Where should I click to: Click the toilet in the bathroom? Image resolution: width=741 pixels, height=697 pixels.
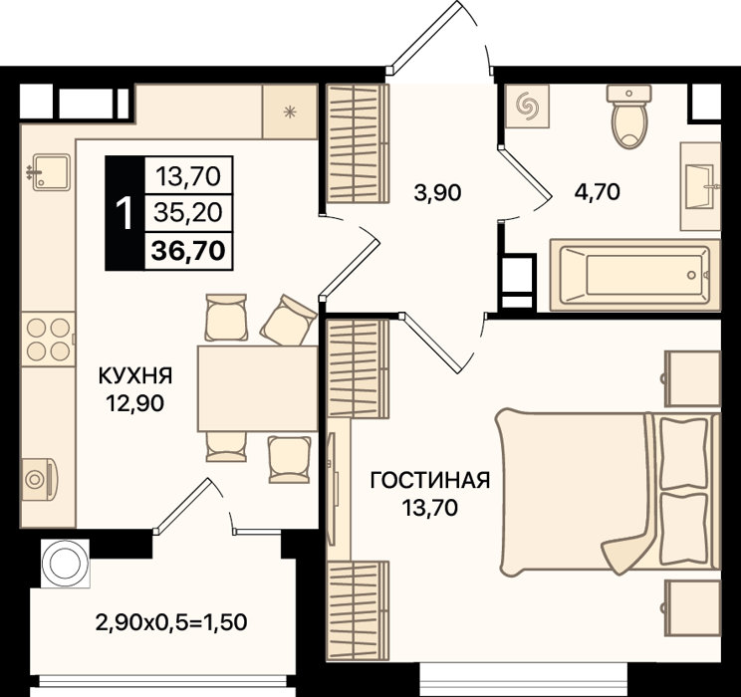pyautogui.click(x=628, y=116)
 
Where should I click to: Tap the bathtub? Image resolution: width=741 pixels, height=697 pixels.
pyautogui.click(x=634, y=275)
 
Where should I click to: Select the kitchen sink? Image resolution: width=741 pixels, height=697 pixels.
pyautogui.click(x=51, y=172)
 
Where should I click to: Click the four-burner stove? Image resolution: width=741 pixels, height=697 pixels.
pyautogui.click(x=48, y=339)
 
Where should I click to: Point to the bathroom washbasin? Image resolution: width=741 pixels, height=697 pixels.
pyautogui.click(x=700, y=186)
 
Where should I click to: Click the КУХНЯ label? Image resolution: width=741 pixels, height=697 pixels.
pyautogui.click(x=135, y=376)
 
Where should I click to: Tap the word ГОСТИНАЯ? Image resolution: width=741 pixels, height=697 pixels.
pyautogui.click(x=429, y=481)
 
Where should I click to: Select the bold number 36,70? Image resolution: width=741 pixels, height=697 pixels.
pyautogui.click(x=188, y=251)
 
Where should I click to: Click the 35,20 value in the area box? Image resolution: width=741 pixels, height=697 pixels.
pyautogui.click(x=188, y=213)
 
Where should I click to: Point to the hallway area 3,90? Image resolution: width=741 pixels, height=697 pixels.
pyautogui.click(x=437, y=193)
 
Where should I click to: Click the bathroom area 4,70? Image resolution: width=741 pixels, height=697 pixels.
pyautogui.click(x=597, y=192)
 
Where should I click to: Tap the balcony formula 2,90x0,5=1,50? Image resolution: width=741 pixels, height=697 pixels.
pyautogui.click(x=171, y=622)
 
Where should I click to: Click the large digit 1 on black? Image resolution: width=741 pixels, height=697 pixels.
pyautogui.click(x=124, y=213)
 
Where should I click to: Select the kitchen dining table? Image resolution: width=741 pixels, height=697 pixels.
pyautogui.click(x=258, y=388)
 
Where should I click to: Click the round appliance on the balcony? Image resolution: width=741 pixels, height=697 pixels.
pyautogui.click(x=65, y=564)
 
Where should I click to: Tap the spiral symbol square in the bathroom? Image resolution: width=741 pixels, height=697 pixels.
pyautogui.click(x=527, y=107)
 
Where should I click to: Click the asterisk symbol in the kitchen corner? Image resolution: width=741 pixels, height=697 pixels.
pyautogui.click(x=290, y=112)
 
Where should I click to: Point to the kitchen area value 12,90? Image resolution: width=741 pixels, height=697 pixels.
pyautogui.click(x=135, y=403)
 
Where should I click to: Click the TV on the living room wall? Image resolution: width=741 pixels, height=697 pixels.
pyautogui.click(x=334, y=481)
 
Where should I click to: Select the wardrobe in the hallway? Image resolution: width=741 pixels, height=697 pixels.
pyautogui.click(x=358, y=143)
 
